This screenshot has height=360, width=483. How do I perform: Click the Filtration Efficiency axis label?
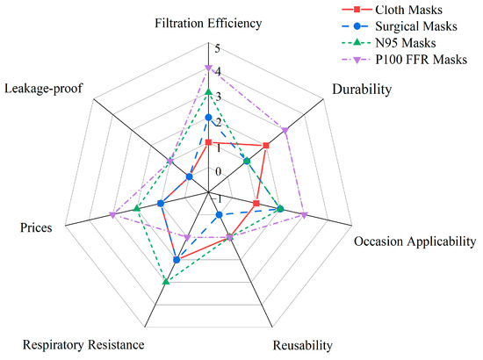pyautogui.click(x=207, y=24)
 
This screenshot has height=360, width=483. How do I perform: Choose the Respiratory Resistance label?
pyautogui.click(x=83, y=344)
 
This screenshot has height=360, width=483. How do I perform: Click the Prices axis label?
pyautogui.click(x=36, y=227)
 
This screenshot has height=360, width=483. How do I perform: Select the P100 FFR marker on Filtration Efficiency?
pyautogui.click(x=208, y=68)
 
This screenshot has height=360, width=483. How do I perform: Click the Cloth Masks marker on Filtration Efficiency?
pyautogui.click(x=208, y=142)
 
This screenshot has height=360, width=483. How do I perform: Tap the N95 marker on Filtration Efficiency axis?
pyautogui.click(x=208, y=92)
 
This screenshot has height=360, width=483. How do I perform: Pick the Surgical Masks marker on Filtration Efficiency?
pyautogui.click(x=208, y=117)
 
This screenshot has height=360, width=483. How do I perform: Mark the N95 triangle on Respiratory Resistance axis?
pyautogui.click(x=165, y=281)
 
